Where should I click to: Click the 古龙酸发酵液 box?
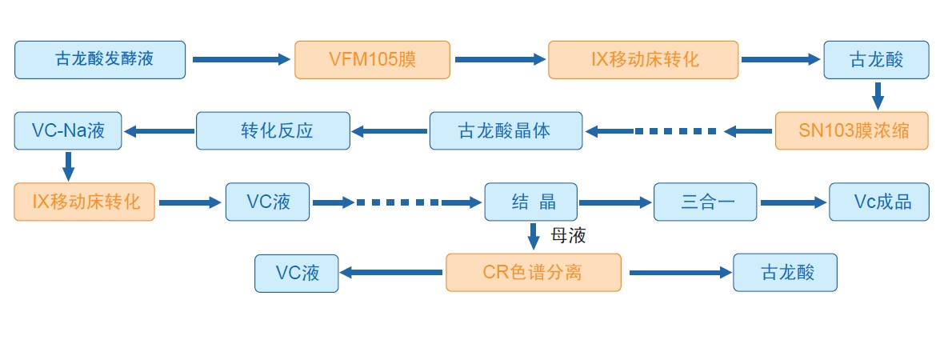click(x=100, y=60)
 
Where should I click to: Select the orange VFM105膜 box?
click(x=372, y=60)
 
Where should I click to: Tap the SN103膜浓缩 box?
click(x=851, y=130)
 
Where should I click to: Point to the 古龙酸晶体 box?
click(x=506, y=130)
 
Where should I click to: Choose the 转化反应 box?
click(x=273, y=130)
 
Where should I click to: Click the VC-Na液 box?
click(x=68, y=130)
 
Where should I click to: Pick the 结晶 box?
click(x=531, y=202)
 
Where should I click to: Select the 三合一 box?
click(x=705, y=202)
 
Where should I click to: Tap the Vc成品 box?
click(x=879, y=202)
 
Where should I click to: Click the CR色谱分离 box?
click(x=533, y=272)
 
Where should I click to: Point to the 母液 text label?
click(x=569, y=236)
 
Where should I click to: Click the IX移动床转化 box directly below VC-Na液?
click(x=84, y=202)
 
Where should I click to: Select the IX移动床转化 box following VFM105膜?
click(x=642, y=60)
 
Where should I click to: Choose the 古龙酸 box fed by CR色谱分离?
click(x=785, y=272)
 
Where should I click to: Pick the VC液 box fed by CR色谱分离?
click(x=297, y=272)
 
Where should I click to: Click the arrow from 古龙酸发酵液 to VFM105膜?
click(x=240, y=59)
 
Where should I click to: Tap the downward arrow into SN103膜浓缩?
click(x=877, y=95)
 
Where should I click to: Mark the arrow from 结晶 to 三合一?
click(x=614, y=203)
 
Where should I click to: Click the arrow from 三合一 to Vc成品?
click(x=792, y=203)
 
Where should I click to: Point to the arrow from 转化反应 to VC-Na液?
click(x=158, y=131)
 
